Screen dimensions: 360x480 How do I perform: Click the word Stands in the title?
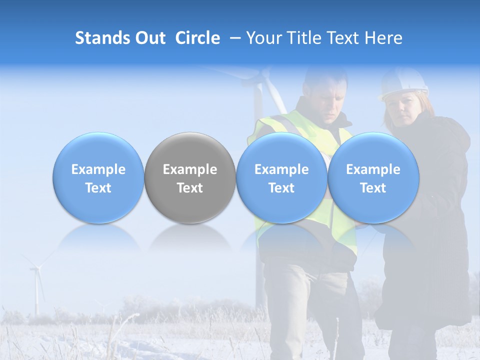point(98,38)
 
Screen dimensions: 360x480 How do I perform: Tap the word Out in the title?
point(149,38)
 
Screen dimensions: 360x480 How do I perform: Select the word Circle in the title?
point(197,38)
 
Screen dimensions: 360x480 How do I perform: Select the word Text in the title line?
point(344,38)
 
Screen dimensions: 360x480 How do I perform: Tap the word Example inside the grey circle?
point(190,169)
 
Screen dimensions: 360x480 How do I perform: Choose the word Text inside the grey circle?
point(190,188)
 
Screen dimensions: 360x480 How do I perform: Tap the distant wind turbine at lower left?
point(36,287)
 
